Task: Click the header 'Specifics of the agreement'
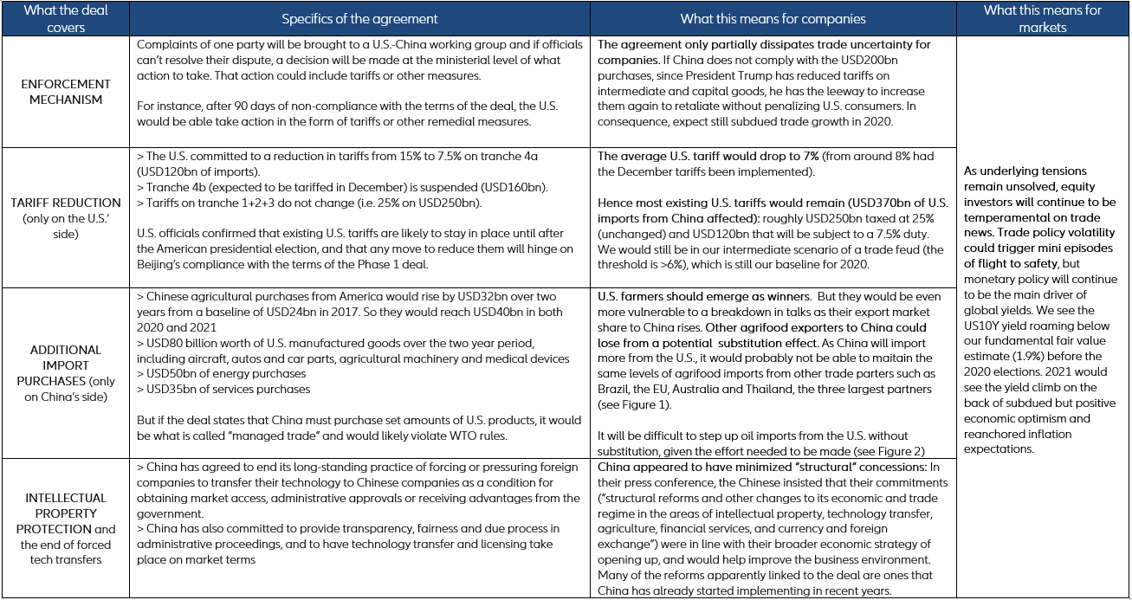359,18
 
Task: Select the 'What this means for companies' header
773,18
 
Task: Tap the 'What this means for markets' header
1043,18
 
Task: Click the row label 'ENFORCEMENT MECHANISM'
65,92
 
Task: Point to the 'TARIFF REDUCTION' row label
65,202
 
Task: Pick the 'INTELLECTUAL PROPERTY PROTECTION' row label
65,513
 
